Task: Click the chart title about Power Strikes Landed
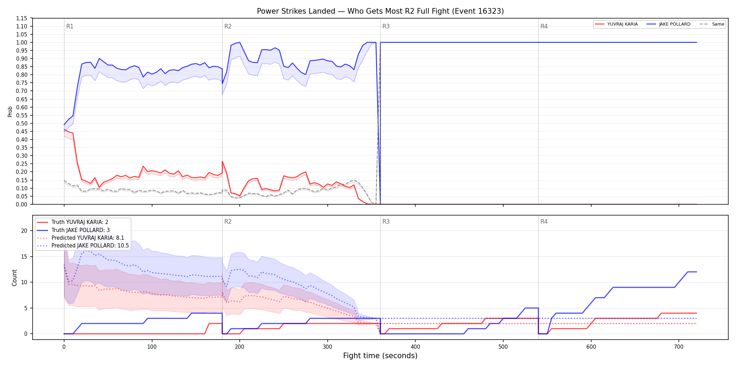click(380, 11)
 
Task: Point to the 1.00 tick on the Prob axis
click(22, 42)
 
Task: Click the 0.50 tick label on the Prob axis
click(22, 123)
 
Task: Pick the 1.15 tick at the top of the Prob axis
click(22, 18)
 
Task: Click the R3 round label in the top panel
click(386, 26)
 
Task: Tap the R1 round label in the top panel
click(70, 26)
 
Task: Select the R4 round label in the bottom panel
click(544, 222)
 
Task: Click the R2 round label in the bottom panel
click(228, 222)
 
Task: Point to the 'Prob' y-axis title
click(10, 111)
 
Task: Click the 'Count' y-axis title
click(14, 278)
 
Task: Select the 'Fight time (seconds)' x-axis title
click(380, 356)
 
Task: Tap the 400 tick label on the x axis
click(415, 347)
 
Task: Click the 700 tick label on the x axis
click(679, 347)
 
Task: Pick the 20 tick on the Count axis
click(24, 231)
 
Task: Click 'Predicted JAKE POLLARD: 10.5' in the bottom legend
click(90, 246)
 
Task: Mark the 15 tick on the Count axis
click(24, 257)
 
